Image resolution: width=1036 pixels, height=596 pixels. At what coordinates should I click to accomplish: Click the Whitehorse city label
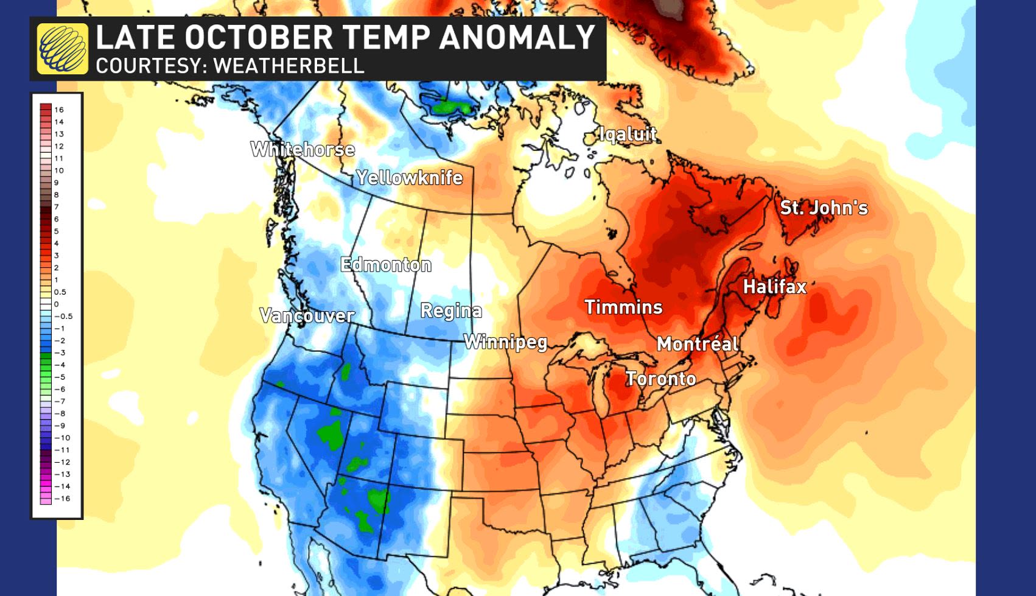tap(303, 149)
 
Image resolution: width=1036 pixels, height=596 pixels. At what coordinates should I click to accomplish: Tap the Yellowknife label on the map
tap(410, 178)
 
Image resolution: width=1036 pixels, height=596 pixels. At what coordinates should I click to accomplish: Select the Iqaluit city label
tap(628, 134)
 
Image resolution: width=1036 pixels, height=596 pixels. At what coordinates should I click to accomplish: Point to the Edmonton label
tap(386, 265)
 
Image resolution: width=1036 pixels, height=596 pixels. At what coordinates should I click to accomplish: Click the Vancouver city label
tap(307, 315)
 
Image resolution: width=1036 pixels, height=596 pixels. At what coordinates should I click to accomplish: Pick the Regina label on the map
tap(451, 311)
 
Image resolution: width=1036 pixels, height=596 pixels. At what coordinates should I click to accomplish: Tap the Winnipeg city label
tap(506, 342)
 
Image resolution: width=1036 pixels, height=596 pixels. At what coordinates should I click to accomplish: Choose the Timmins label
tap(623, 307)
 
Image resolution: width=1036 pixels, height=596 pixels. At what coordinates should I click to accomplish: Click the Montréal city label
tap(698, 344)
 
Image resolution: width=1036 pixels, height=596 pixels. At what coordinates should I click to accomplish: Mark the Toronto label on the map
tap(661, 379)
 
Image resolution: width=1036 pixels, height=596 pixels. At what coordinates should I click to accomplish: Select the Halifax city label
tap(774, 286)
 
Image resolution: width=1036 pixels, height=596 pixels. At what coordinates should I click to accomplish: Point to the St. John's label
tap(824, 208)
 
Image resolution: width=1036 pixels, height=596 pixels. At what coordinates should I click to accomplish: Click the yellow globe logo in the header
tap(62, 49)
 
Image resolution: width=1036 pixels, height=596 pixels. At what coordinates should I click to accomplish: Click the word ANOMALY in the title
tap(516, 37)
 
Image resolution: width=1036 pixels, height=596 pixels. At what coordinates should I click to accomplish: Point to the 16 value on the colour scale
tap(59, 110)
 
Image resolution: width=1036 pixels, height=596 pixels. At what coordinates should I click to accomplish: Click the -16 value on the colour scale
tap(62, 499)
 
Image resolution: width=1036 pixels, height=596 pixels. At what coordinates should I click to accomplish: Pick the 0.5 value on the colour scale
tap(60, 292)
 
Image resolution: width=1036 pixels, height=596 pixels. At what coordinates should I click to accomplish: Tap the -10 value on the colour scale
tap(62, 438)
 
